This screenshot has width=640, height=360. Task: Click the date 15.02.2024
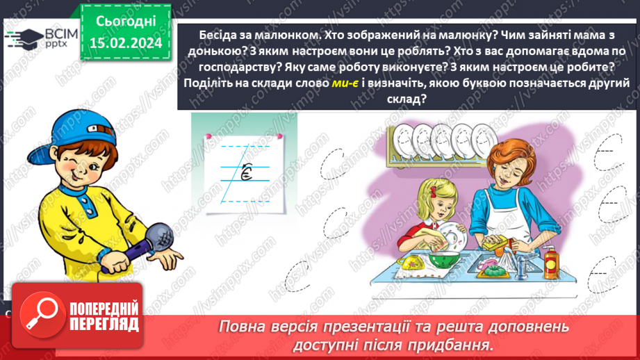(x=125, y=43)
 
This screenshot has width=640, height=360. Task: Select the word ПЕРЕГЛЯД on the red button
(x=104, y=325)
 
